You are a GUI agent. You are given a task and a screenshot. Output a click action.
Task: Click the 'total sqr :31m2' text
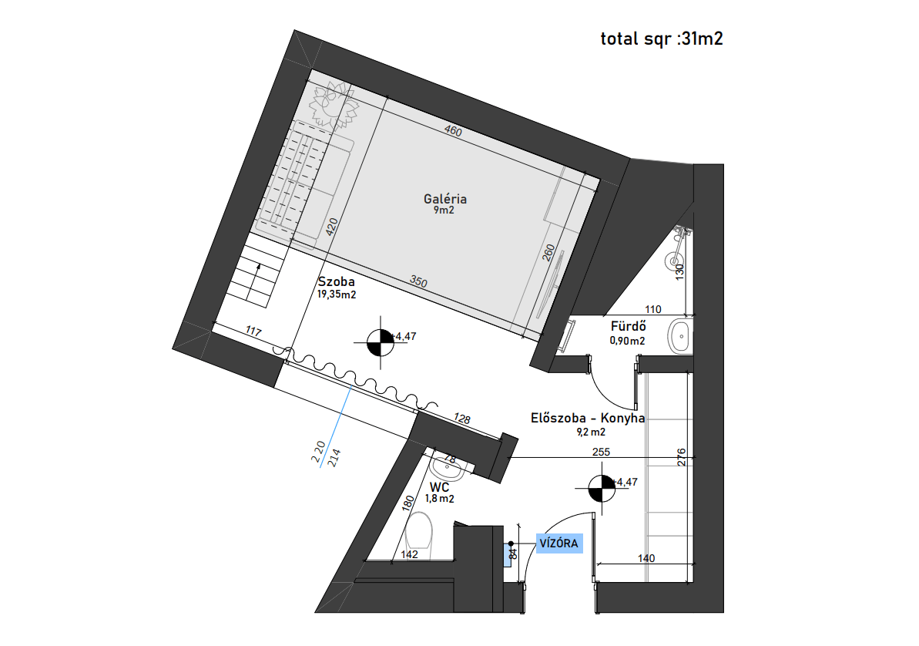click(x=662, y=39)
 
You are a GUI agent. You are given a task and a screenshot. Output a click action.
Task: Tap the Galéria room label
click(x=445, y=199)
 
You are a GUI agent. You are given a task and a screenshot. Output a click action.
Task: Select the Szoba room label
click(x=337, y=281)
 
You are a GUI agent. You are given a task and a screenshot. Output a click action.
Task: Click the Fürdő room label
click(x=629, y=326)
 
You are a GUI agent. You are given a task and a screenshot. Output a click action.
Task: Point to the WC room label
click(x=440, y=487)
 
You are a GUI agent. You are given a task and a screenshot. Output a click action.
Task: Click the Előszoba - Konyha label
click(x=588, y=419)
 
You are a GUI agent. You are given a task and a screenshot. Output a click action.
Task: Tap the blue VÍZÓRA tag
click(x=559, y=543)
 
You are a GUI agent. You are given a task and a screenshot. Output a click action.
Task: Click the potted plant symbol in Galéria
click(x=334, y=106)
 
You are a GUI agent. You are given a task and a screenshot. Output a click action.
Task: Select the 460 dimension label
click(x=453, y=130)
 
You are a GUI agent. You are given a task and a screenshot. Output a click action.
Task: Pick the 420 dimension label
click(x=332, y=227)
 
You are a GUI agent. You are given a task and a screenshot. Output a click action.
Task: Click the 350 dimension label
click(x=418, y=281)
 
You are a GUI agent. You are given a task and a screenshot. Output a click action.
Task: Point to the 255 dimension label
click(x=602, y=452)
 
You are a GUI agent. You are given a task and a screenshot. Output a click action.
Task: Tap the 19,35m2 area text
click(x=337, y=294)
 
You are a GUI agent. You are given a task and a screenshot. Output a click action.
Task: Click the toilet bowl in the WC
click(x=418, y=535)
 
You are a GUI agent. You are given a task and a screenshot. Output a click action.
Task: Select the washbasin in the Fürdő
click(x=680, y=336)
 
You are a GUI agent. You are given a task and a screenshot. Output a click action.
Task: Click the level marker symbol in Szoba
click(x=381, y=343)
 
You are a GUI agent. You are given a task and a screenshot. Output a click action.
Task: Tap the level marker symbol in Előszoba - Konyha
click(x=602, y=489)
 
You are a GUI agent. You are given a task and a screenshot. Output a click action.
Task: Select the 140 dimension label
click(x=646, y=558)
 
